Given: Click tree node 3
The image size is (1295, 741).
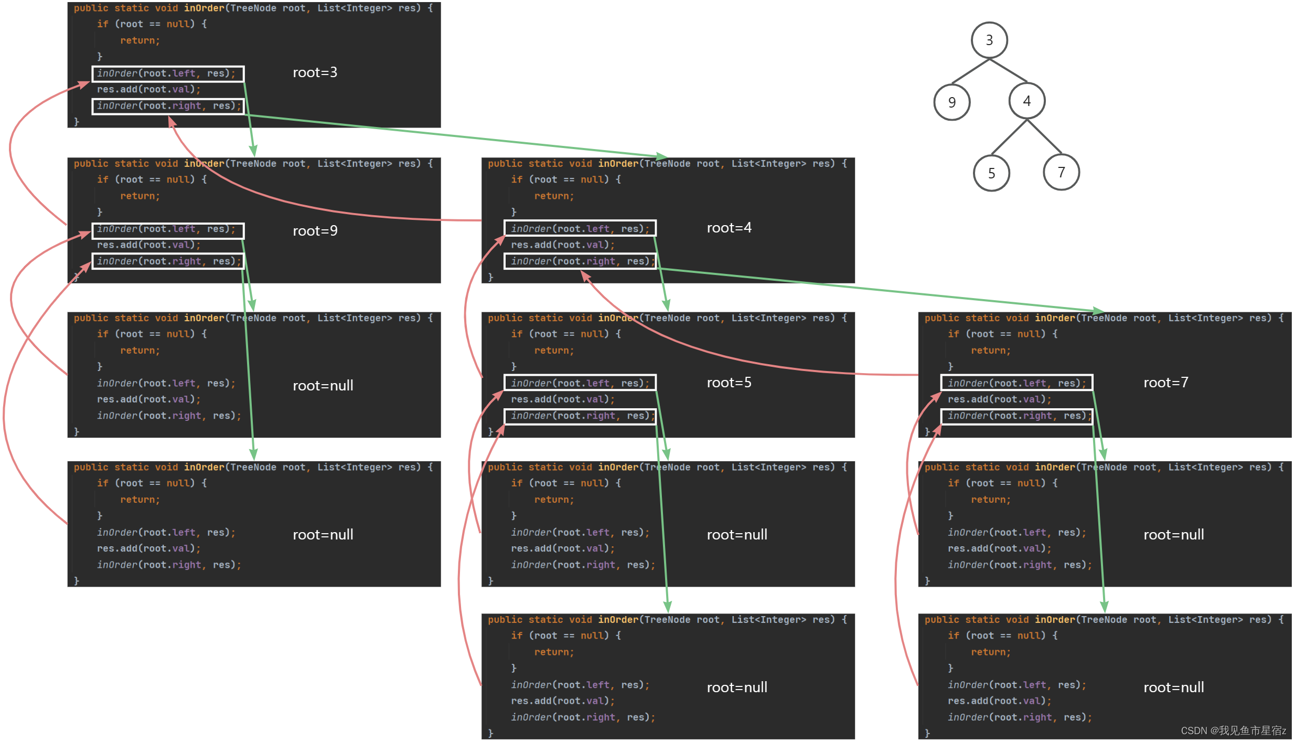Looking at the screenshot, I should pyautogui.click(x=989, y=40).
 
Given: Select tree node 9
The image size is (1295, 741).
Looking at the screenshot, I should pyautogui.click(x=951, y=102).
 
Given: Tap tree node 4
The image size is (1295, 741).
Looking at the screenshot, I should pyautogui.click(x=1026, y=101).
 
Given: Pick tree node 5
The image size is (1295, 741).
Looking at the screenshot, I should pyautogui.click(x=991, y=173).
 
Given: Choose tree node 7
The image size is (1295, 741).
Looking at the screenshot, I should pyautogui.click(x=1061, y=172).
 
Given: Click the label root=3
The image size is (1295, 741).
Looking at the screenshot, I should pyautogui.click(x=315, y=72).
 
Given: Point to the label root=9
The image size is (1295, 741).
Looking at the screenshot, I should pyautogui.click(x=315, y=231).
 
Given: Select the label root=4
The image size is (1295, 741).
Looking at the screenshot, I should pyautogui.click(x=729, y=228).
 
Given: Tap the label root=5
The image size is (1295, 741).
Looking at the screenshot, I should pyautogui.click(x=729, y=383).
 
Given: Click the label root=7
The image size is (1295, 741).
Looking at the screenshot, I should pyautogui.click(x=1165, y=383).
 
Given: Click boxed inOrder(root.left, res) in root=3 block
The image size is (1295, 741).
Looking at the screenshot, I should pyautogui.click(x=168, y=73).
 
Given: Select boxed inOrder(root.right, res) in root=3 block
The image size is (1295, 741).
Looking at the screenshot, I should pyautogui.click(x=168, y=106).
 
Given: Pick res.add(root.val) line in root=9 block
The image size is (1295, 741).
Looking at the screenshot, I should pyautogui.click(x=148, y=245).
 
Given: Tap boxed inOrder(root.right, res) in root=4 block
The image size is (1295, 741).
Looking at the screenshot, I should pyautogui.click(x=580, y=261).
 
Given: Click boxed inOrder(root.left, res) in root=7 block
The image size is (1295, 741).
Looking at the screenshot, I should pyautogui.click(x=1016, y=383).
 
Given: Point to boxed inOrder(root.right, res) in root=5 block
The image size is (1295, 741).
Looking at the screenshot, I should pyautogui.click(x=580, y=416).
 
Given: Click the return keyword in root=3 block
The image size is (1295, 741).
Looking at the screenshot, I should pyautogui.click(x=140, y=40).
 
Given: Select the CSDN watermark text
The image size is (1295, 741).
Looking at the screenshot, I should pyautogui.click(x=1233, y=731).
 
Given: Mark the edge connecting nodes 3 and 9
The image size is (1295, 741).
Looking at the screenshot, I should pyautogui.click(x=970, y=71).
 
